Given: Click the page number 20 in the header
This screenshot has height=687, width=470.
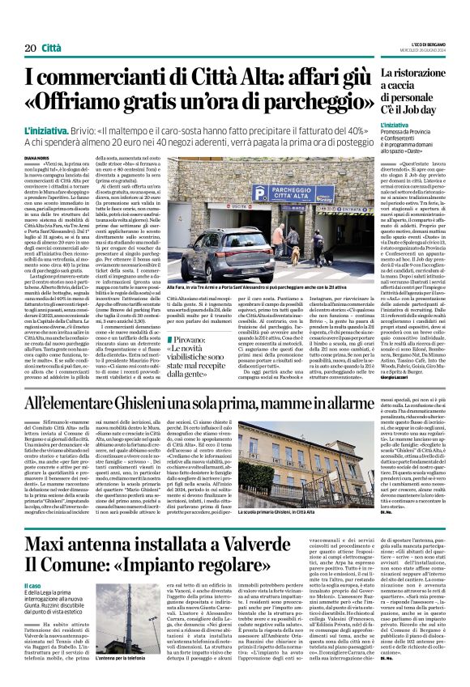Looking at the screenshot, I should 31,49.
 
